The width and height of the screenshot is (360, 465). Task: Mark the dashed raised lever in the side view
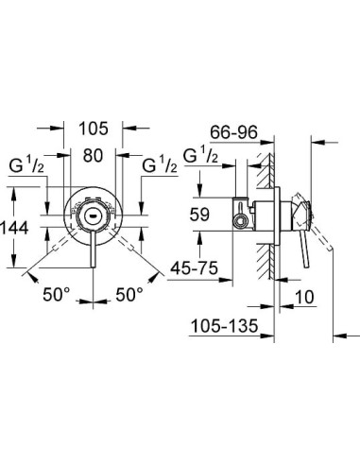(x=321, y=232)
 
